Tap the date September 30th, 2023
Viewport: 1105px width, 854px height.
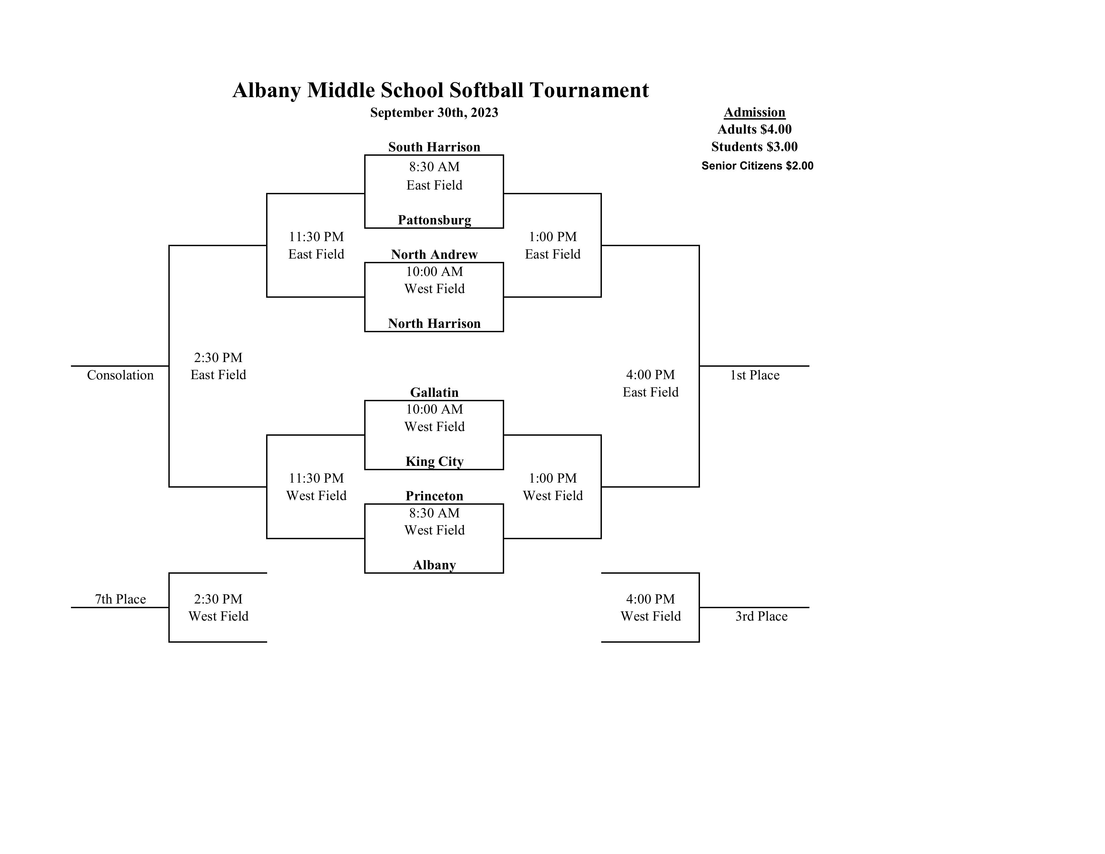(434, 113)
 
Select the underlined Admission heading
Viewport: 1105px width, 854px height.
(755, 113)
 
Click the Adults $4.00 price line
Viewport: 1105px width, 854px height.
(755, 130)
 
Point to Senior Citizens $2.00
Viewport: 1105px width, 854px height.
(758, 165)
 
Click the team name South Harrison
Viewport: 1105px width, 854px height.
(434, 147)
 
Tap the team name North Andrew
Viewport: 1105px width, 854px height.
(434, 254)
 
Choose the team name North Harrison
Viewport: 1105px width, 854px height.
(434, 324)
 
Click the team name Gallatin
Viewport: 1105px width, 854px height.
(434, 392)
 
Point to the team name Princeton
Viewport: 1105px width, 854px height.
(434, 496)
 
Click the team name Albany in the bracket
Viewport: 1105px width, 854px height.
(434, 565)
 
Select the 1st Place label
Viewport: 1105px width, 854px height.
(755, 375)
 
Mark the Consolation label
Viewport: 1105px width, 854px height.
(121, 375)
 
